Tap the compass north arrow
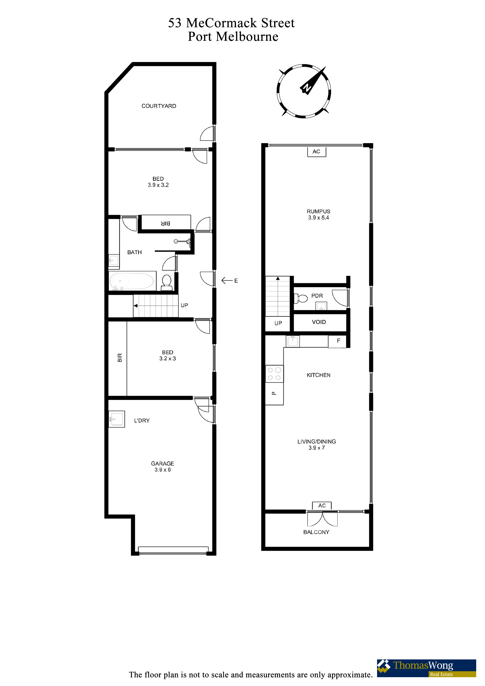[x=313, y=81]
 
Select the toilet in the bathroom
[x=166, y=282]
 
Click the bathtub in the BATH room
[x=132, y=281]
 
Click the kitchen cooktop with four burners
[x=274, y=374]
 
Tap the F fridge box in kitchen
[x=337, y=341]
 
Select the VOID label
[x=319, y=322]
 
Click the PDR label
[x=317, y=296]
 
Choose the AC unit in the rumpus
[x=316, y=152]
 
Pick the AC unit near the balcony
[x=322, y=506]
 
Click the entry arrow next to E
[x=227, y=280]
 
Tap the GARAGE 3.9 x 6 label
[x=163, y=466]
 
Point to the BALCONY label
[x=316, y=532]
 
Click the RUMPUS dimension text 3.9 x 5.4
[x=319, y=218]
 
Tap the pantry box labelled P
[x=274, y=393]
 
